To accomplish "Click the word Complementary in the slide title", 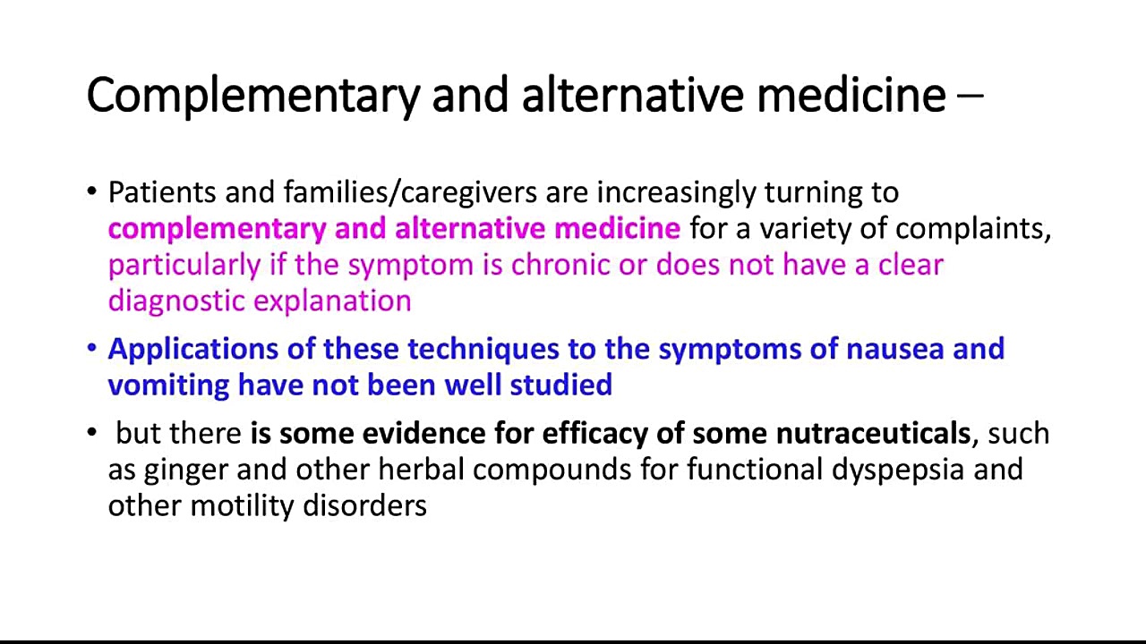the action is pos(253,96).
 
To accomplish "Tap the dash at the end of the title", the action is pos(970,95).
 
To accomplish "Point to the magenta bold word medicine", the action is pos(618,228).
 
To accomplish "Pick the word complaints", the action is pos(972,229).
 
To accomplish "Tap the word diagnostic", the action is pos(176,301).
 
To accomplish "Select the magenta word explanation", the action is pos(332,301).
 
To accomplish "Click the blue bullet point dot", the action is pos(92,348).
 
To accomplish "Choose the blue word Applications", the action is pos(193,350).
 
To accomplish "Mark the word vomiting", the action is pos(169,386).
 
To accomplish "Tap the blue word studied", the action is pos(560,385).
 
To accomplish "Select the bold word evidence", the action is pos(424,434).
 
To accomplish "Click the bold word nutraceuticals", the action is pos(873,434).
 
